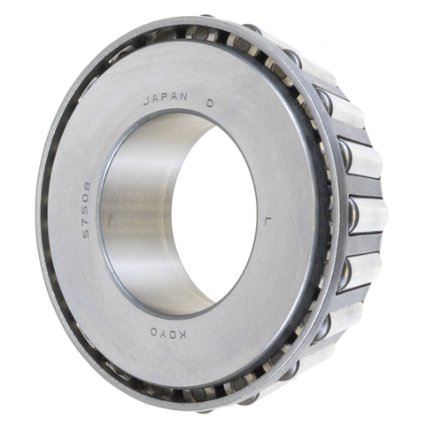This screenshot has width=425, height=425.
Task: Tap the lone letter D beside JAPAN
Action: [210, 103]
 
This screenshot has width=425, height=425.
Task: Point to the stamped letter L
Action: [267, 221]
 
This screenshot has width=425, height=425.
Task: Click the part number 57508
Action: [87, 209]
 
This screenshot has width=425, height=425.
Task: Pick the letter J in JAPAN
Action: [147, 101]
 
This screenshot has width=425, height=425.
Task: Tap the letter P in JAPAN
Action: [166, 98]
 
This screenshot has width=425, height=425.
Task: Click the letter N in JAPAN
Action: [183, 97]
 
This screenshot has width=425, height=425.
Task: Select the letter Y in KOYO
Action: [164, 333]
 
